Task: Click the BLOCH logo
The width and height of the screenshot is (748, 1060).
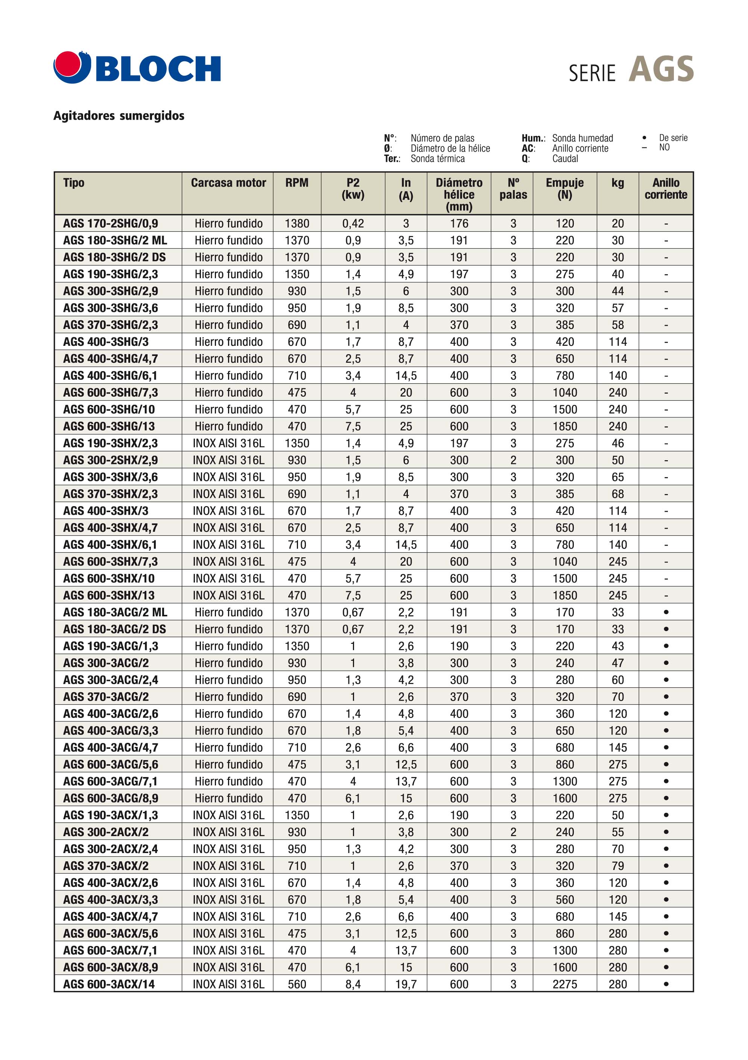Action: (x=137, y=68)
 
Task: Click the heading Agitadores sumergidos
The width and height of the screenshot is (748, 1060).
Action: (x=119, y=116)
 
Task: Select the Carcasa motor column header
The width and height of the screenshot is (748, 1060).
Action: (x=228, y=183)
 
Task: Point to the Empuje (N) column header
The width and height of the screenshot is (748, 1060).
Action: (x=564, y=189)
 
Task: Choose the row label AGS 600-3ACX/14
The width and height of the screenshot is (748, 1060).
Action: (x=109, y=984)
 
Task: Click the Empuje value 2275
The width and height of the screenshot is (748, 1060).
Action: (x=565, y=984)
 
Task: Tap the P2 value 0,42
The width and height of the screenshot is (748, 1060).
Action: (x=353, y=224)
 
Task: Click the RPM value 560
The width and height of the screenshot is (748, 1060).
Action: (x=297, y=984)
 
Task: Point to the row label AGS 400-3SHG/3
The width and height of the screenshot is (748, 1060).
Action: (x=106, y=342)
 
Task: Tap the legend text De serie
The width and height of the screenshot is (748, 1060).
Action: (x=673, y=138)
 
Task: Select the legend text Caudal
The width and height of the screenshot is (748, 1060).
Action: (x=565, y=158)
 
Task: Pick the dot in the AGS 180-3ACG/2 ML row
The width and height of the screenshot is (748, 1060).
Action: (x=666, y=612)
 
